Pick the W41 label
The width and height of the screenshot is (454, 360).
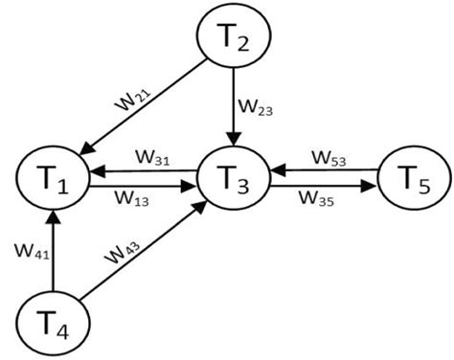(32, 253)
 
